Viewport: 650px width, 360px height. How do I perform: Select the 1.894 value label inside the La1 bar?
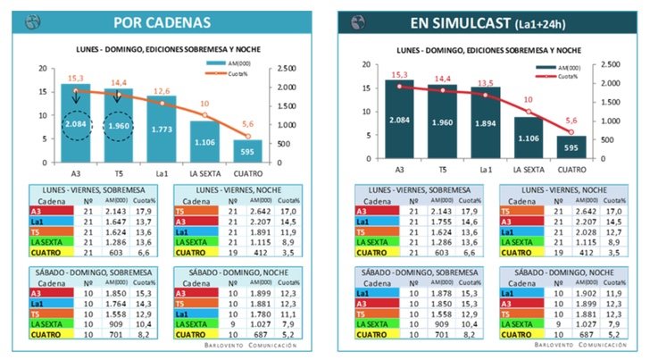coord(486,124)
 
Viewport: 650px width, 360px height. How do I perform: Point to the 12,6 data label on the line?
coord(162,90)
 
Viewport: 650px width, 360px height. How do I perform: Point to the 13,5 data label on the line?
coord(486,83)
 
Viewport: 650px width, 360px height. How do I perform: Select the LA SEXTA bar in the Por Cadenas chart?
coord(204,139)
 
